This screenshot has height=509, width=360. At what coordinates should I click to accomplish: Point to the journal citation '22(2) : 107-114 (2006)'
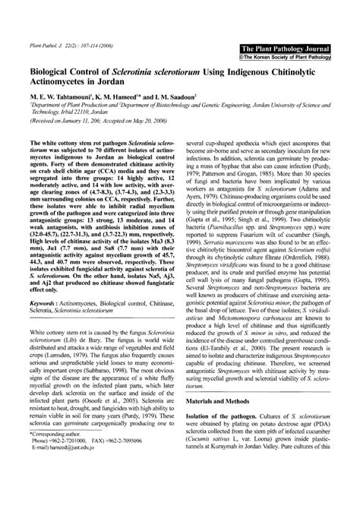(75, 46)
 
